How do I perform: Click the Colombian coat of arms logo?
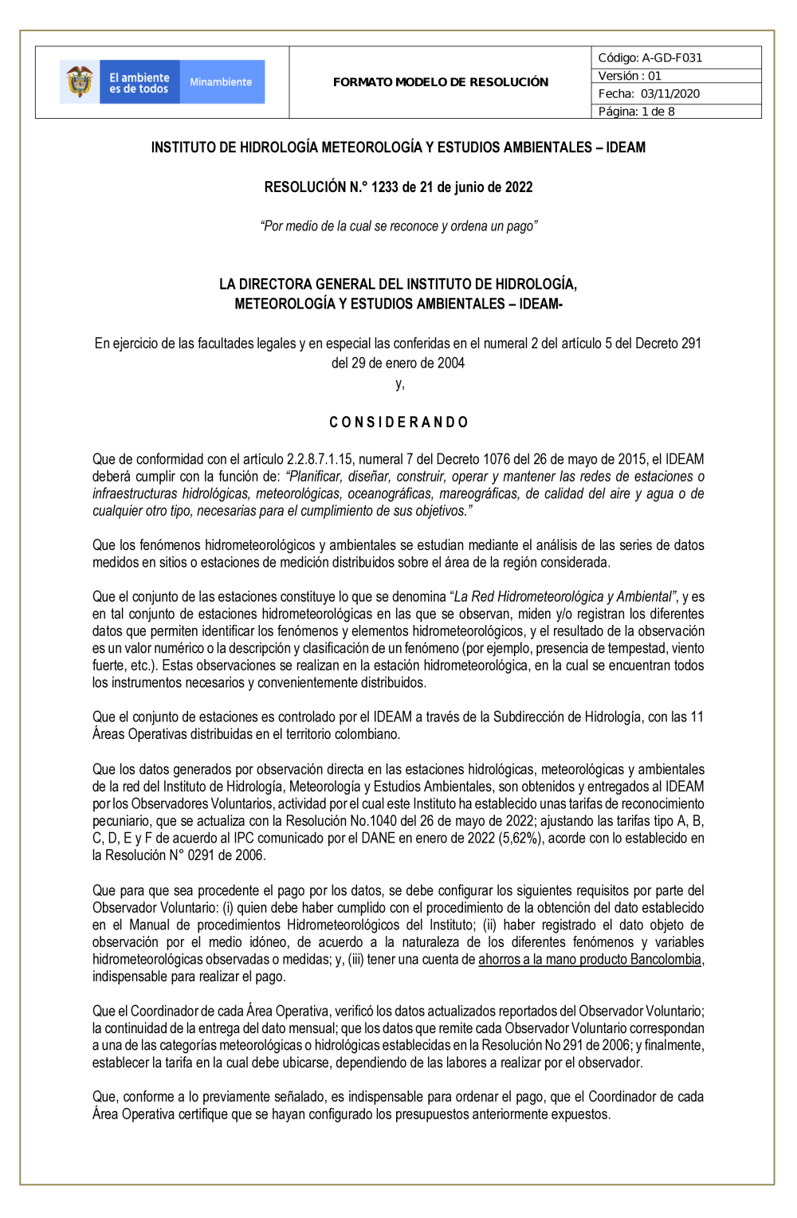tap(79, 81)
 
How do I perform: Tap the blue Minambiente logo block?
tap(222, 82)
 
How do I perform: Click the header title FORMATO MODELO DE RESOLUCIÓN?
tap(441, 82)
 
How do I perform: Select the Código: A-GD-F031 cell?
tap(675, 57)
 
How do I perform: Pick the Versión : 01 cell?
tap(675, 76)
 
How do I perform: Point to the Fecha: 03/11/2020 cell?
tap(675, 93)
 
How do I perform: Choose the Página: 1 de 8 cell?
tap(675, 112)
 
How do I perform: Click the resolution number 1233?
tap(384, 187)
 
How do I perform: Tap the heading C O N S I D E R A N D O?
tap(398, 422)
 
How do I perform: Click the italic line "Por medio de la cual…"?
tap(398, 226)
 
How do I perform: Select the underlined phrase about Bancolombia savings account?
tap(590, 960)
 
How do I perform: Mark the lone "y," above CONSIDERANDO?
tap(399, 384)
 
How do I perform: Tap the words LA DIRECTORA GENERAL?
tap(307, 285)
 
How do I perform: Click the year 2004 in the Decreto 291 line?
tap(450, 363)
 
